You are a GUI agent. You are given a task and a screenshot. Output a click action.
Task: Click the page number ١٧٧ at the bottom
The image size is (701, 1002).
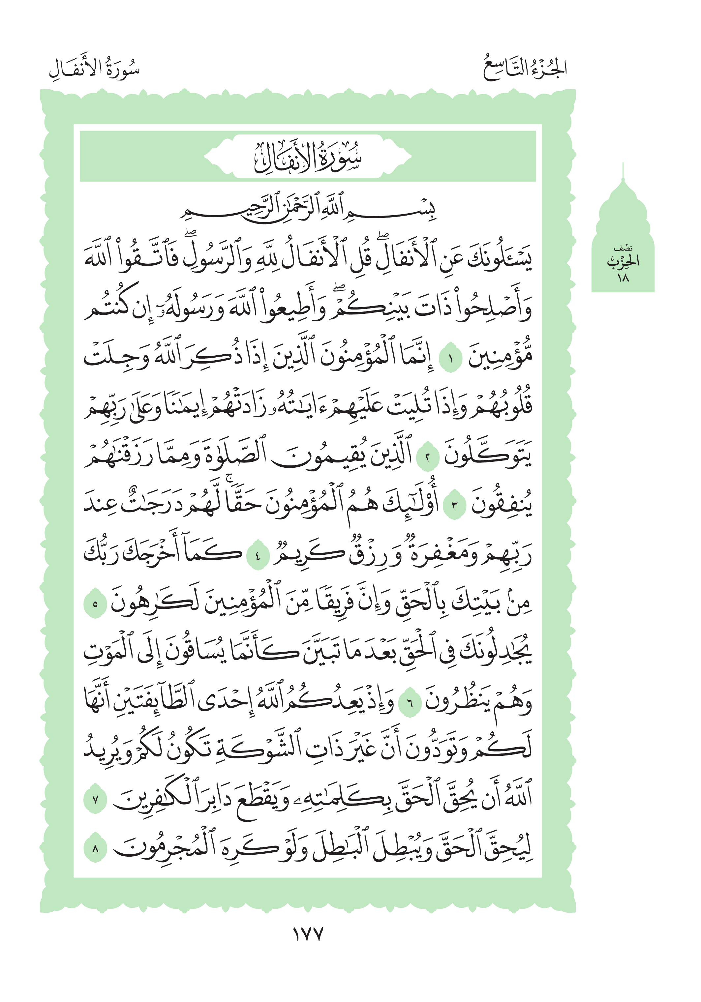(x=307, y=934)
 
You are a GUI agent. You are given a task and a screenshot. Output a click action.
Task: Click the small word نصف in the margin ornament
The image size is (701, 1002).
(x=623, y=248)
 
